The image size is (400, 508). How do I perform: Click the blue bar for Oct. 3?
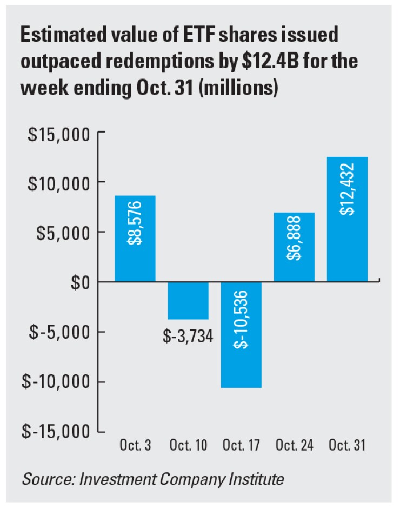pyautogui.click(x=135, y=238)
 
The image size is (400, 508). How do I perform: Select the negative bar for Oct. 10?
pyautogui.click(x=188, y=300)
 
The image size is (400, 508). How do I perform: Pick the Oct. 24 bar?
pyautogui.click(x=294, y=247)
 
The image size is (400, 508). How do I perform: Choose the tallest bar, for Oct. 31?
pyautogui.click(x=347, y=219)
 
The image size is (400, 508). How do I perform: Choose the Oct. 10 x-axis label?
pyautogui.click(x=188, y=446)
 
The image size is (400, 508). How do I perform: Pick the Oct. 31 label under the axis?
pyautogui.click(x=348, y=446)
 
